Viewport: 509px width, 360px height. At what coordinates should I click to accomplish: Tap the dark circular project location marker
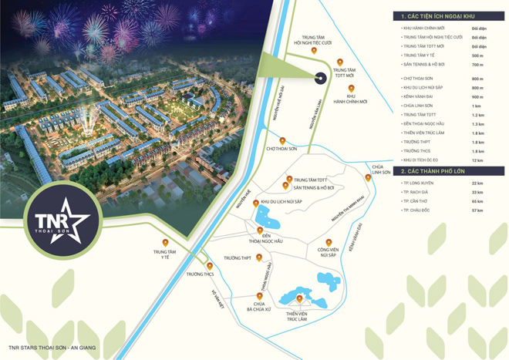[319, 75]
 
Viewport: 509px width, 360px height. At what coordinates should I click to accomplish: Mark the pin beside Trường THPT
[259, 257]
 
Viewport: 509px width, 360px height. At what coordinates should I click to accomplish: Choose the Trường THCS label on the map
[200, 274]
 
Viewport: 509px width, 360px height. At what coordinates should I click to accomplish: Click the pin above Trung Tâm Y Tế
[165, 243]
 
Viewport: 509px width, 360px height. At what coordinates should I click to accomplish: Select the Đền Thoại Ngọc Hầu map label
[259, 240]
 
